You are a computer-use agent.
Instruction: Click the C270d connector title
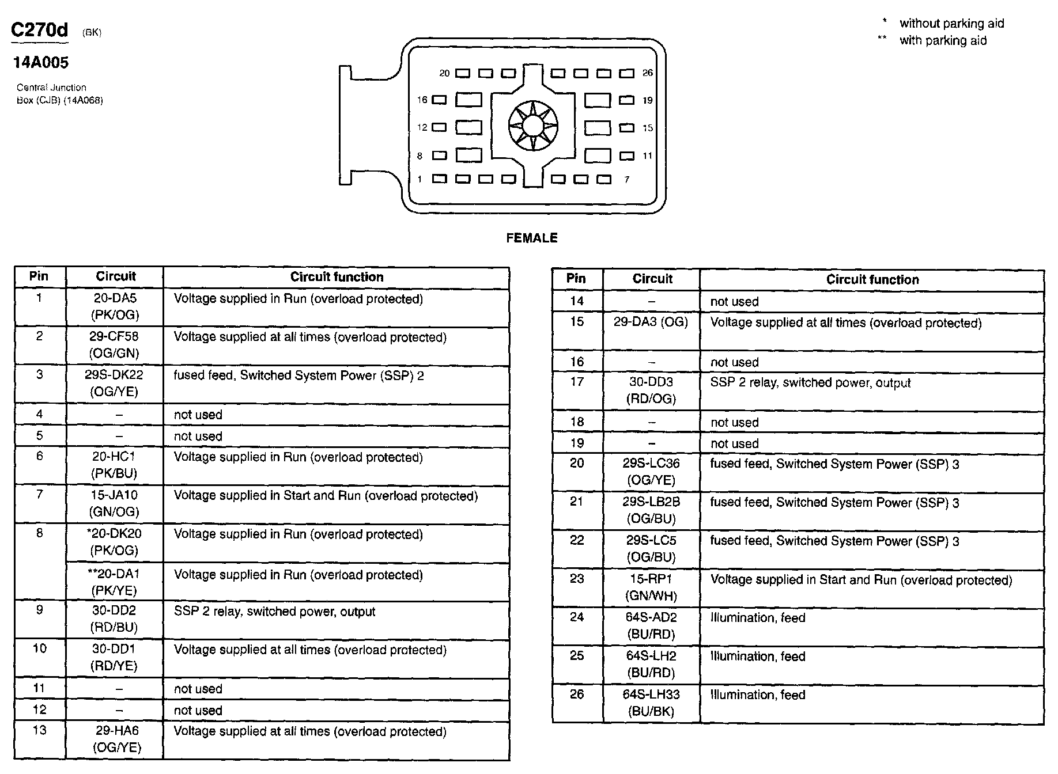(x=39, y=30)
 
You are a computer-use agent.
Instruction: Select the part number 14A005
(x=40, y=62)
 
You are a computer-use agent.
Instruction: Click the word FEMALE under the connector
(x=531, y=238)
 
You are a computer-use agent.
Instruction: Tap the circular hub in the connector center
(x=533, y=125)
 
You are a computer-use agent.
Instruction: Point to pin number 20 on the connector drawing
(x=444, y=73)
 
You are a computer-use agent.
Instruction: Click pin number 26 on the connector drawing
(x=648, y=73)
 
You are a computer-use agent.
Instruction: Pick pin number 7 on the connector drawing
(x=627, y=180)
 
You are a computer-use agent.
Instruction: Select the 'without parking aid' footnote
(x=951, y=23)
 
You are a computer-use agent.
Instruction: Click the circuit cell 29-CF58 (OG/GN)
(x=115, y=344)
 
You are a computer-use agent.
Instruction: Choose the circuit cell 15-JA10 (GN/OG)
(x=115, y=503)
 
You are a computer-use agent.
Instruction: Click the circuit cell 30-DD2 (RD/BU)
(x=115, y=619)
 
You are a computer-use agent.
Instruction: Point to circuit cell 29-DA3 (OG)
(x=651, y=322)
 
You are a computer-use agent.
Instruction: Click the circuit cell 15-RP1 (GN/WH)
(x=651, y=587)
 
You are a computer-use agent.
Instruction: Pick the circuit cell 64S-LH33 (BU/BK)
(x=651, y=703)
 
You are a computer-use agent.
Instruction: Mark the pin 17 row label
(x=577, y=382)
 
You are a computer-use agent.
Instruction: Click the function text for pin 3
(x=298, y=375)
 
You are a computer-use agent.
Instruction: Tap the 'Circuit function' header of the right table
(x=872, y=279)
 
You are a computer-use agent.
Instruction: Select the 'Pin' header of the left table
(x=39, y=276)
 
